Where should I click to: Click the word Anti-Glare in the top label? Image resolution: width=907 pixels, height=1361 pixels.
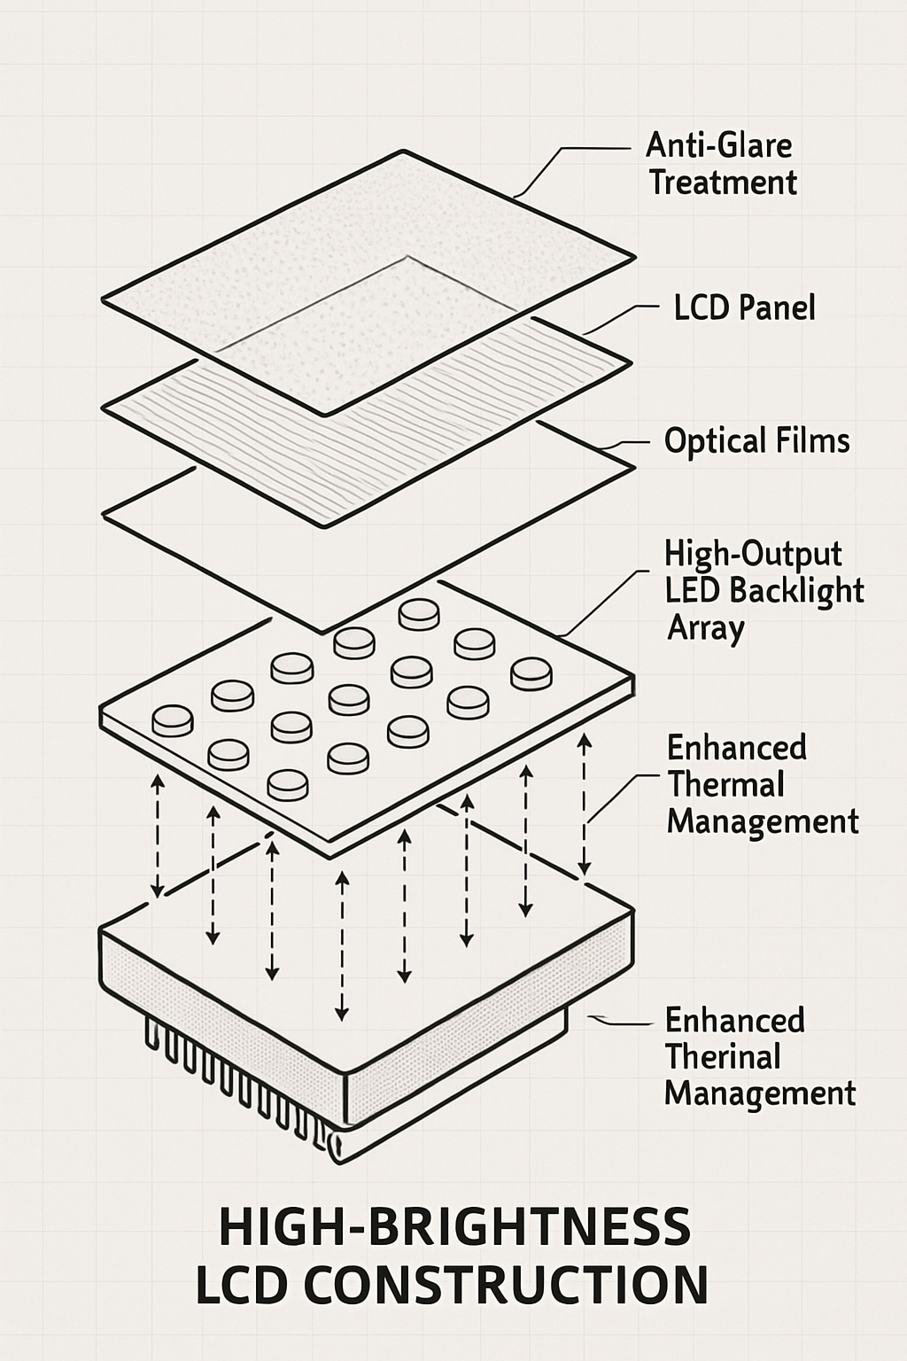point(718,145)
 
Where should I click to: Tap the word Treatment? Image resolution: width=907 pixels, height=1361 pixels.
point(723,183)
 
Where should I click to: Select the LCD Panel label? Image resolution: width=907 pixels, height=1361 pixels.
point(744,308)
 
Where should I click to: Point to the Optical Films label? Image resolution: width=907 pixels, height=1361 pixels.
point(756,441)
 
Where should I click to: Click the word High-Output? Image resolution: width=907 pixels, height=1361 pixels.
point(753,554)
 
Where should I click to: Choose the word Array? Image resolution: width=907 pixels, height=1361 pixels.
point(705,628)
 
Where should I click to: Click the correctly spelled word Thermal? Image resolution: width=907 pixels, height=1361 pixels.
point(725,785)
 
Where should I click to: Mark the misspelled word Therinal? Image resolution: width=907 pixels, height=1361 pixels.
point(723,1057)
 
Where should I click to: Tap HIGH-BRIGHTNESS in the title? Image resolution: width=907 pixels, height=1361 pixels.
point(453,1228)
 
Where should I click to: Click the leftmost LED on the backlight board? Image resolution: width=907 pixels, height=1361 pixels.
point(173,719)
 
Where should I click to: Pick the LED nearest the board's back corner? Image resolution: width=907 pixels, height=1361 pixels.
point(419,613)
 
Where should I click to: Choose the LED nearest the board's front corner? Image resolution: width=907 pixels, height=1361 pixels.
point(288,784)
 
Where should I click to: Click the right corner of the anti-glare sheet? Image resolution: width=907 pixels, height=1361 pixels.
point(634,258)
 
